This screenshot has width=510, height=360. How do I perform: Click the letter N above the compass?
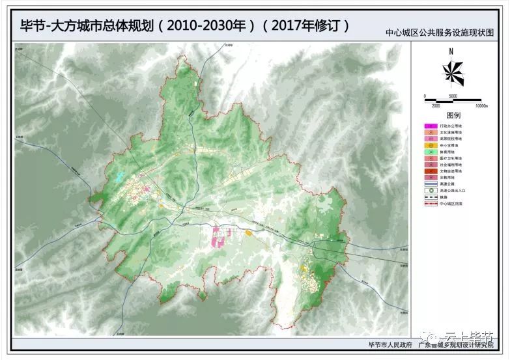click(x=451, y=51)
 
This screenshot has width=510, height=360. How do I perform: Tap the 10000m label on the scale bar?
click(x=482, y=105)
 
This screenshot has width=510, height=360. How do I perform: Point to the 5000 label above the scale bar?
click(x=453, y=96)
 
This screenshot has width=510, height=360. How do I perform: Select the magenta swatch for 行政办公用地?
click(x=430, y=125)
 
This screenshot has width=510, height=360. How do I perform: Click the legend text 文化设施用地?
click(x=451, y=132)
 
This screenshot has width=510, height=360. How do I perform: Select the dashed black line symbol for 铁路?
click(x=430, y=197)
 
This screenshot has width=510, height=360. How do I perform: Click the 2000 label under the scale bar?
click(x=436, y=105)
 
